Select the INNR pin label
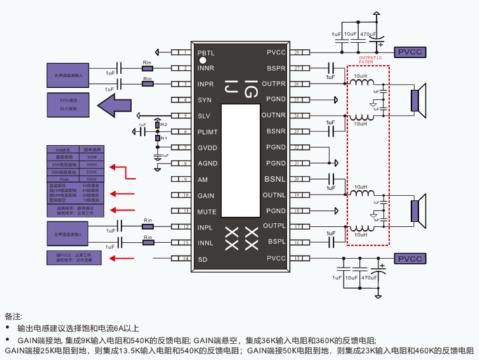point(206,68)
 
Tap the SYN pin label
point(204,100)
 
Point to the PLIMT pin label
point(207,131)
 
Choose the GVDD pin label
point(207,147)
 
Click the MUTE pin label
point(206,210)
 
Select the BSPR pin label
point(277,68)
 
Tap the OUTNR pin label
point(274,116)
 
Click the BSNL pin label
point(276,179)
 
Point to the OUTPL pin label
point(275,226)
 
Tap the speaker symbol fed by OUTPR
point(416,100)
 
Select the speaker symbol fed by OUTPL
point(416,210)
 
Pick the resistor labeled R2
point(157,126)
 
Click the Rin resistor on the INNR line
point(148,67)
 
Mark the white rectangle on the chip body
point(240,146)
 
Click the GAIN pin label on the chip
point(206,195)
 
